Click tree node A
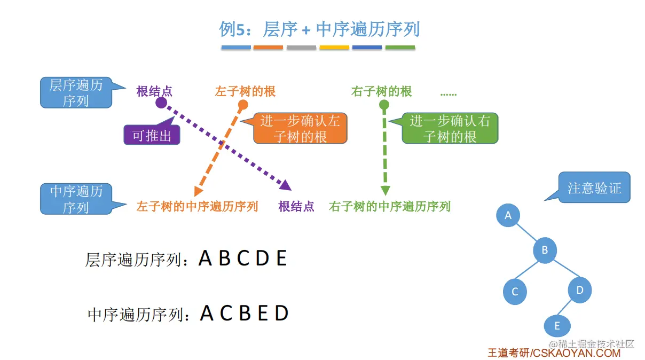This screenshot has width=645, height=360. pyautogui.click(x=508, y=215)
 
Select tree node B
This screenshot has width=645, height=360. pyautogui.click(x=545, y=249)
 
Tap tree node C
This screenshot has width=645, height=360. pyautogui.click(x=515, y=292)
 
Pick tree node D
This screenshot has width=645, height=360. pyautogui.click(x=579, y=290)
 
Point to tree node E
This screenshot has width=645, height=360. pyautogui.click(x=557, y=326)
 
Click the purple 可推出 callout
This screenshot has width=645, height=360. pyautogui.click(x=152, y=136)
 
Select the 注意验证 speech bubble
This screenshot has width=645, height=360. pyautogui.click(x=594, y=187)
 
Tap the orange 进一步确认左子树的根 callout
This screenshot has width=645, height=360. pyautogui.click(x=300, y=129)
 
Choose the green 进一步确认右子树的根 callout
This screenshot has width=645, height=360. pyautogui.click(x=450, y=129)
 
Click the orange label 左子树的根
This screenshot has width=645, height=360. pyautogui.click(x=245, y=91)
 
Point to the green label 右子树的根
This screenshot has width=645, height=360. pyautogui.click(x=382, y=91)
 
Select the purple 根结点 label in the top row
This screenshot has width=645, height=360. pyautogui.click(x=154, y=91)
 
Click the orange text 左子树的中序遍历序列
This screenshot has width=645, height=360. pyautogui.click(x=197, y=206)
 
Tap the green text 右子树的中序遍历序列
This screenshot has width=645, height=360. pyautogui.click(x=390, y=206)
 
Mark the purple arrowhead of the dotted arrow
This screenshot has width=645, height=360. pyautogui.click(x=286, y=185)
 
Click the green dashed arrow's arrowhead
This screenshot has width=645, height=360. pyautogui.click(x=385, y=191)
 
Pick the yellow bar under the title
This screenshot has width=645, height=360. pyautogui.click(x=334, y=48)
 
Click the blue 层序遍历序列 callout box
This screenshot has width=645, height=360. pyautogui.click(x=76, y=92)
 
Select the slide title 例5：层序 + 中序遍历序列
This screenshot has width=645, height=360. pyautogui.click(x=319, y=29)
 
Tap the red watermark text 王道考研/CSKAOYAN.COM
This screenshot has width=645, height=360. pyautogui.click(x=554, y=353)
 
